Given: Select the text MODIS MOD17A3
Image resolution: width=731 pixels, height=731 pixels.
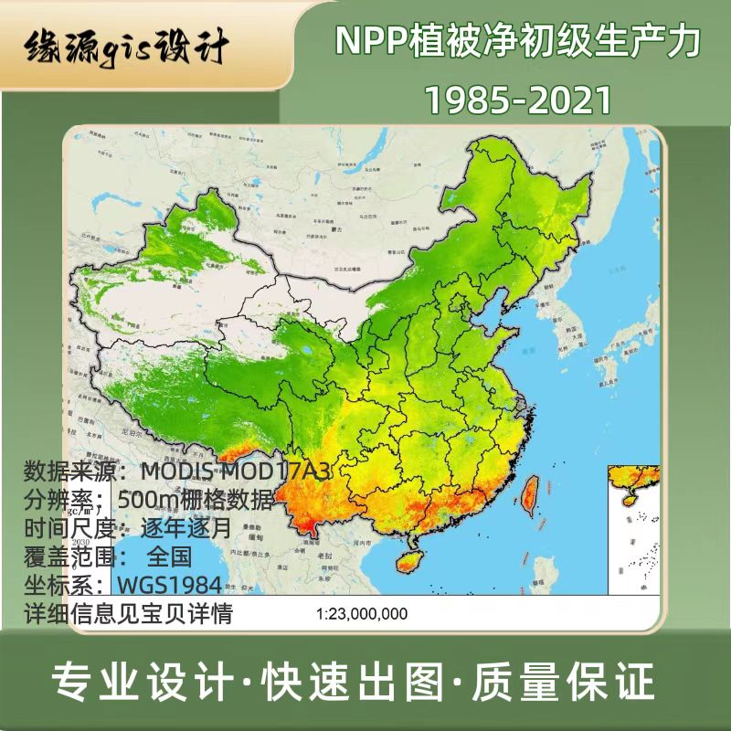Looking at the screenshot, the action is coord(235,472).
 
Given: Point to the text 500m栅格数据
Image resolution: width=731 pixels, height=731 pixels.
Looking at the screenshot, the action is coord(196,500).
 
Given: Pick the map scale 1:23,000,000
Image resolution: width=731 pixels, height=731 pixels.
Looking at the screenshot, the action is coord(362,614).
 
